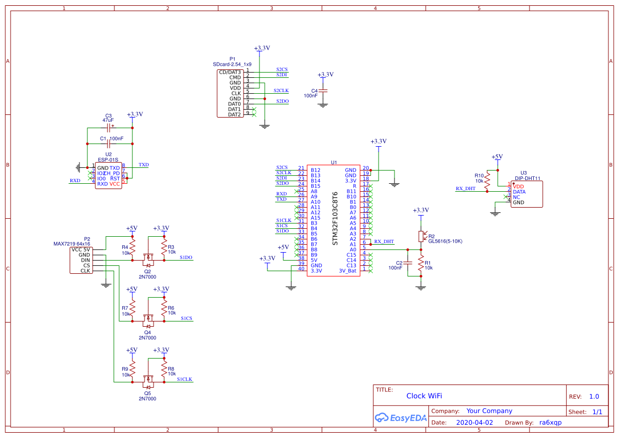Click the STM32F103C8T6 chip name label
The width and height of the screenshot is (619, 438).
pos(335,219)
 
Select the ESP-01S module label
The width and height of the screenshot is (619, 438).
pos(109,159)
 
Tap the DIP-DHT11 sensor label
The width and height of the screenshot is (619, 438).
pos(527,179)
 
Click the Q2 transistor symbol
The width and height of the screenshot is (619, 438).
pos(148,260)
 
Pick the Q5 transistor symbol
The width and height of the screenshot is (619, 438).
pos(148,381)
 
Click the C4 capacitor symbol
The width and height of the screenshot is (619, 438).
pos(322,92)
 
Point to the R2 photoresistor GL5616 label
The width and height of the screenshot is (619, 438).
pos(445,242)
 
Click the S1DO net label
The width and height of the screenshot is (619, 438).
pos(186,257)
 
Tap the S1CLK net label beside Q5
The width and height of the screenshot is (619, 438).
pos(185,379)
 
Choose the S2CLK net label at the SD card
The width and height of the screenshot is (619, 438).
pos(281,91)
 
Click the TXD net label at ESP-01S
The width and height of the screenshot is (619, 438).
pos(143,165)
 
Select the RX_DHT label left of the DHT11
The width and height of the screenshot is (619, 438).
pos(465,189)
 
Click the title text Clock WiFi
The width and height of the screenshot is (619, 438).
pos(424,396)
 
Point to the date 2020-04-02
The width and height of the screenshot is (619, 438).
pos(474,423)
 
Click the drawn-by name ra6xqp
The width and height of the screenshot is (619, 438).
pos(550,423)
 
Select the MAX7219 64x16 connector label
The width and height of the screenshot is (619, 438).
pos(71,244)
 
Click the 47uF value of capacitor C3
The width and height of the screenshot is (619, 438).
pos(108,120)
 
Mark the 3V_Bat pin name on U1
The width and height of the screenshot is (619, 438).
pos(348,271)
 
